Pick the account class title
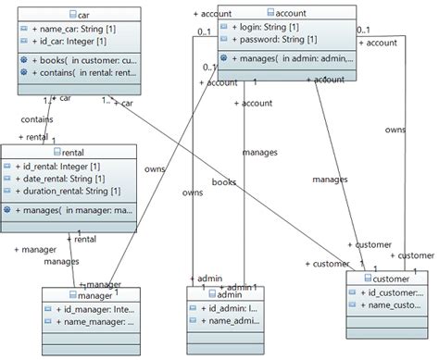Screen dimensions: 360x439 [x=287, y=13]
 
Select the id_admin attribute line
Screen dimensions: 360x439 [x=232, y=308]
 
